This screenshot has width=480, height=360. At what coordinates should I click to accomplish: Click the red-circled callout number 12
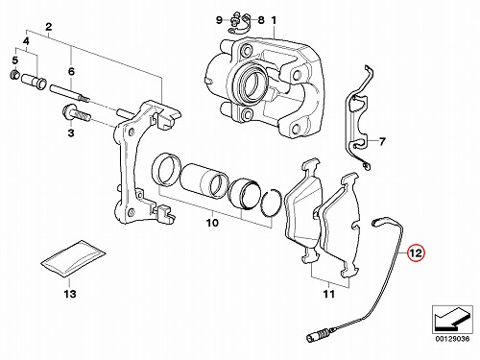tap(416, 253)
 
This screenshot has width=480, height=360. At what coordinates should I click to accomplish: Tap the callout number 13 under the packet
tap(70, 293)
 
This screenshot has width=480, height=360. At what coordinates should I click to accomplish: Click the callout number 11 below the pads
tap(329, 294)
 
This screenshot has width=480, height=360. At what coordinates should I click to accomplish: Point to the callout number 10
tap(212, 223)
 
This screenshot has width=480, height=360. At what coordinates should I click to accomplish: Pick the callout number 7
tap(382, 141)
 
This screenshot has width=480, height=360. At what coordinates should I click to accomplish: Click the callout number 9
tap(219, 20)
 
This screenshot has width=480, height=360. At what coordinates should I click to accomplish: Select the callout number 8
tap(261, 20)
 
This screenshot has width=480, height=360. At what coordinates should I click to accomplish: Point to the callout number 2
tap(49, 27)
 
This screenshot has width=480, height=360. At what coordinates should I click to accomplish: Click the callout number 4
tap(26, 41)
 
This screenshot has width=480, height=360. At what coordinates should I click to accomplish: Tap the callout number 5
tap(15, 60)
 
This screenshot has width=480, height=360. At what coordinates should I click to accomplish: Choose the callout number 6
tap(71, 71)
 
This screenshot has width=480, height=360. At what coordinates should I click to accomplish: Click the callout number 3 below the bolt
tap(71, 132)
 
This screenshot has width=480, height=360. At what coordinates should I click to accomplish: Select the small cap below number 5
tap(14, 76)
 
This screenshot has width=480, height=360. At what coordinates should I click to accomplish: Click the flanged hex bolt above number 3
tap(76, 113)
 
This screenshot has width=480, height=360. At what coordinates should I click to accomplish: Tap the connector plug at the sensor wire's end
tap(316, 336)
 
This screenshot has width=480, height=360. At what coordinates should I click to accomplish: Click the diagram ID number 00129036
tap(452, 339)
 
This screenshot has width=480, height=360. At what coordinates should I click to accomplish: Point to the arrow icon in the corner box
tap(452, 320)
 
